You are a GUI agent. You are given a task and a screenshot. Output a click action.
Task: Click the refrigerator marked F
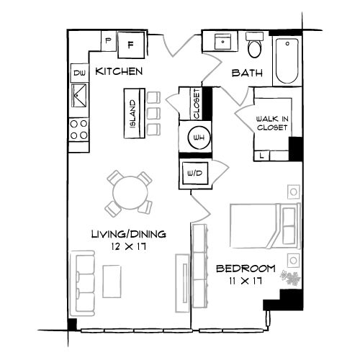131,45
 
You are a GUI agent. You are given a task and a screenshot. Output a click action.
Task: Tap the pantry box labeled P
108,40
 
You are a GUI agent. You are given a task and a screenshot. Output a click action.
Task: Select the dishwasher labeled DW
79,73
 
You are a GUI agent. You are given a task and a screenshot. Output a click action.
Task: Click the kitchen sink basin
79,95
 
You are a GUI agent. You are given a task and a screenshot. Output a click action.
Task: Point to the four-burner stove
78,130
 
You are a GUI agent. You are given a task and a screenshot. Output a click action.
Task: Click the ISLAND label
132,114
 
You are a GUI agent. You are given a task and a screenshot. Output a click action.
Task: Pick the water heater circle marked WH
199,138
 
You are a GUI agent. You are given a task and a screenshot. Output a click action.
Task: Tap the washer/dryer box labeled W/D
195,173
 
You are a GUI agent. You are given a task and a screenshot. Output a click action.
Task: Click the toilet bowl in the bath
254,49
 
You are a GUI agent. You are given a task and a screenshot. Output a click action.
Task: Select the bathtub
287,60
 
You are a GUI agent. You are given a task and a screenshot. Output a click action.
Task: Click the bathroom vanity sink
222,42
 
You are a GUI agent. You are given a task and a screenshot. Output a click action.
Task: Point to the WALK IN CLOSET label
272,123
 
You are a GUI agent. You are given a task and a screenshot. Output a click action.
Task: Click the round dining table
130,193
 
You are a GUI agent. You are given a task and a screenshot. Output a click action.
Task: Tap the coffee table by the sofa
112,282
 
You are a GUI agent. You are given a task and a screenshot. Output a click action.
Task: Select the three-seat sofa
82,284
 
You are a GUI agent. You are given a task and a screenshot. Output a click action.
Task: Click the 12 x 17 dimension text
129,246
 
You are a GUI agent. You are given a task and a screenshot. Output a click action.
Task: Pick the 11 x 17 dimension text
246,281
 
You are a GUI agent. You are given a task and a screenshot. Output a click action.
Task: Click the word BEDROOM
246,269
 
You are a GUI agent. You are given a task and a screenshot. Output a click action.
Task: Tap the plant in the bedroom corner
291,278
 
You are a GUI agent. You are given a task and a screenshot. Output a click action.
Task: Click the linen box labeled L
262,156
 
